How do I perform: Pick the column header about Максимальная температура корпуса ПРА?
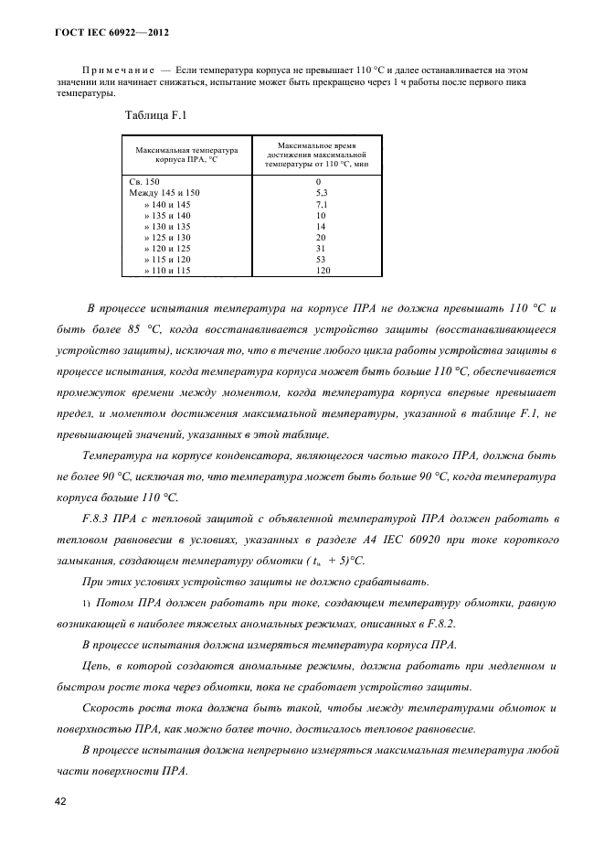(x=186, y=155)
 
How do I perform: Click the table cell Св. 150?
(x=144, y=182)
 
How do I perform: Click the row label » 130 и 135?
(x=166, y=227)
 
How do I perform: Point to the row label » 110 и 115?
(x=166, y=271)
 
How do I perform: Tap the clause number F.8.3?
(x=98, y=519)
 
